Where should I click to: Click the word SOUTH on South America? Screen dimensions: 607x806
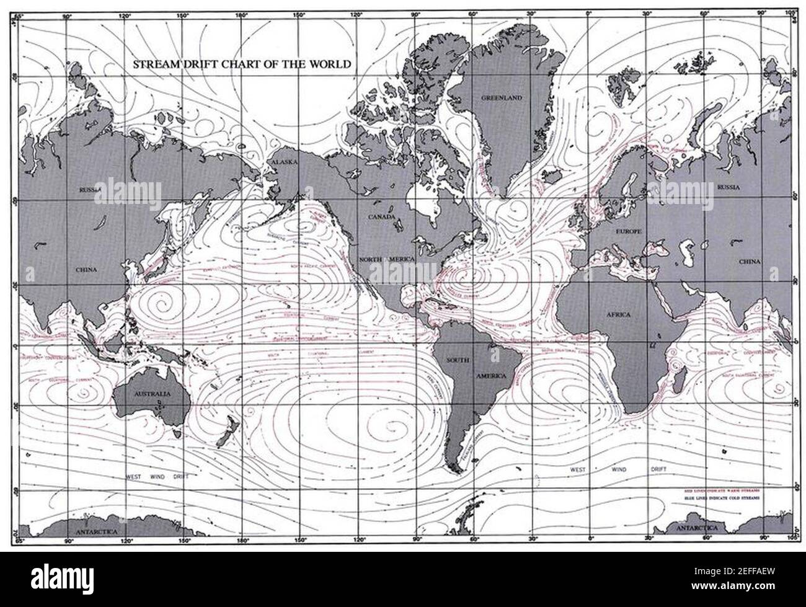pos(458,360)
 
